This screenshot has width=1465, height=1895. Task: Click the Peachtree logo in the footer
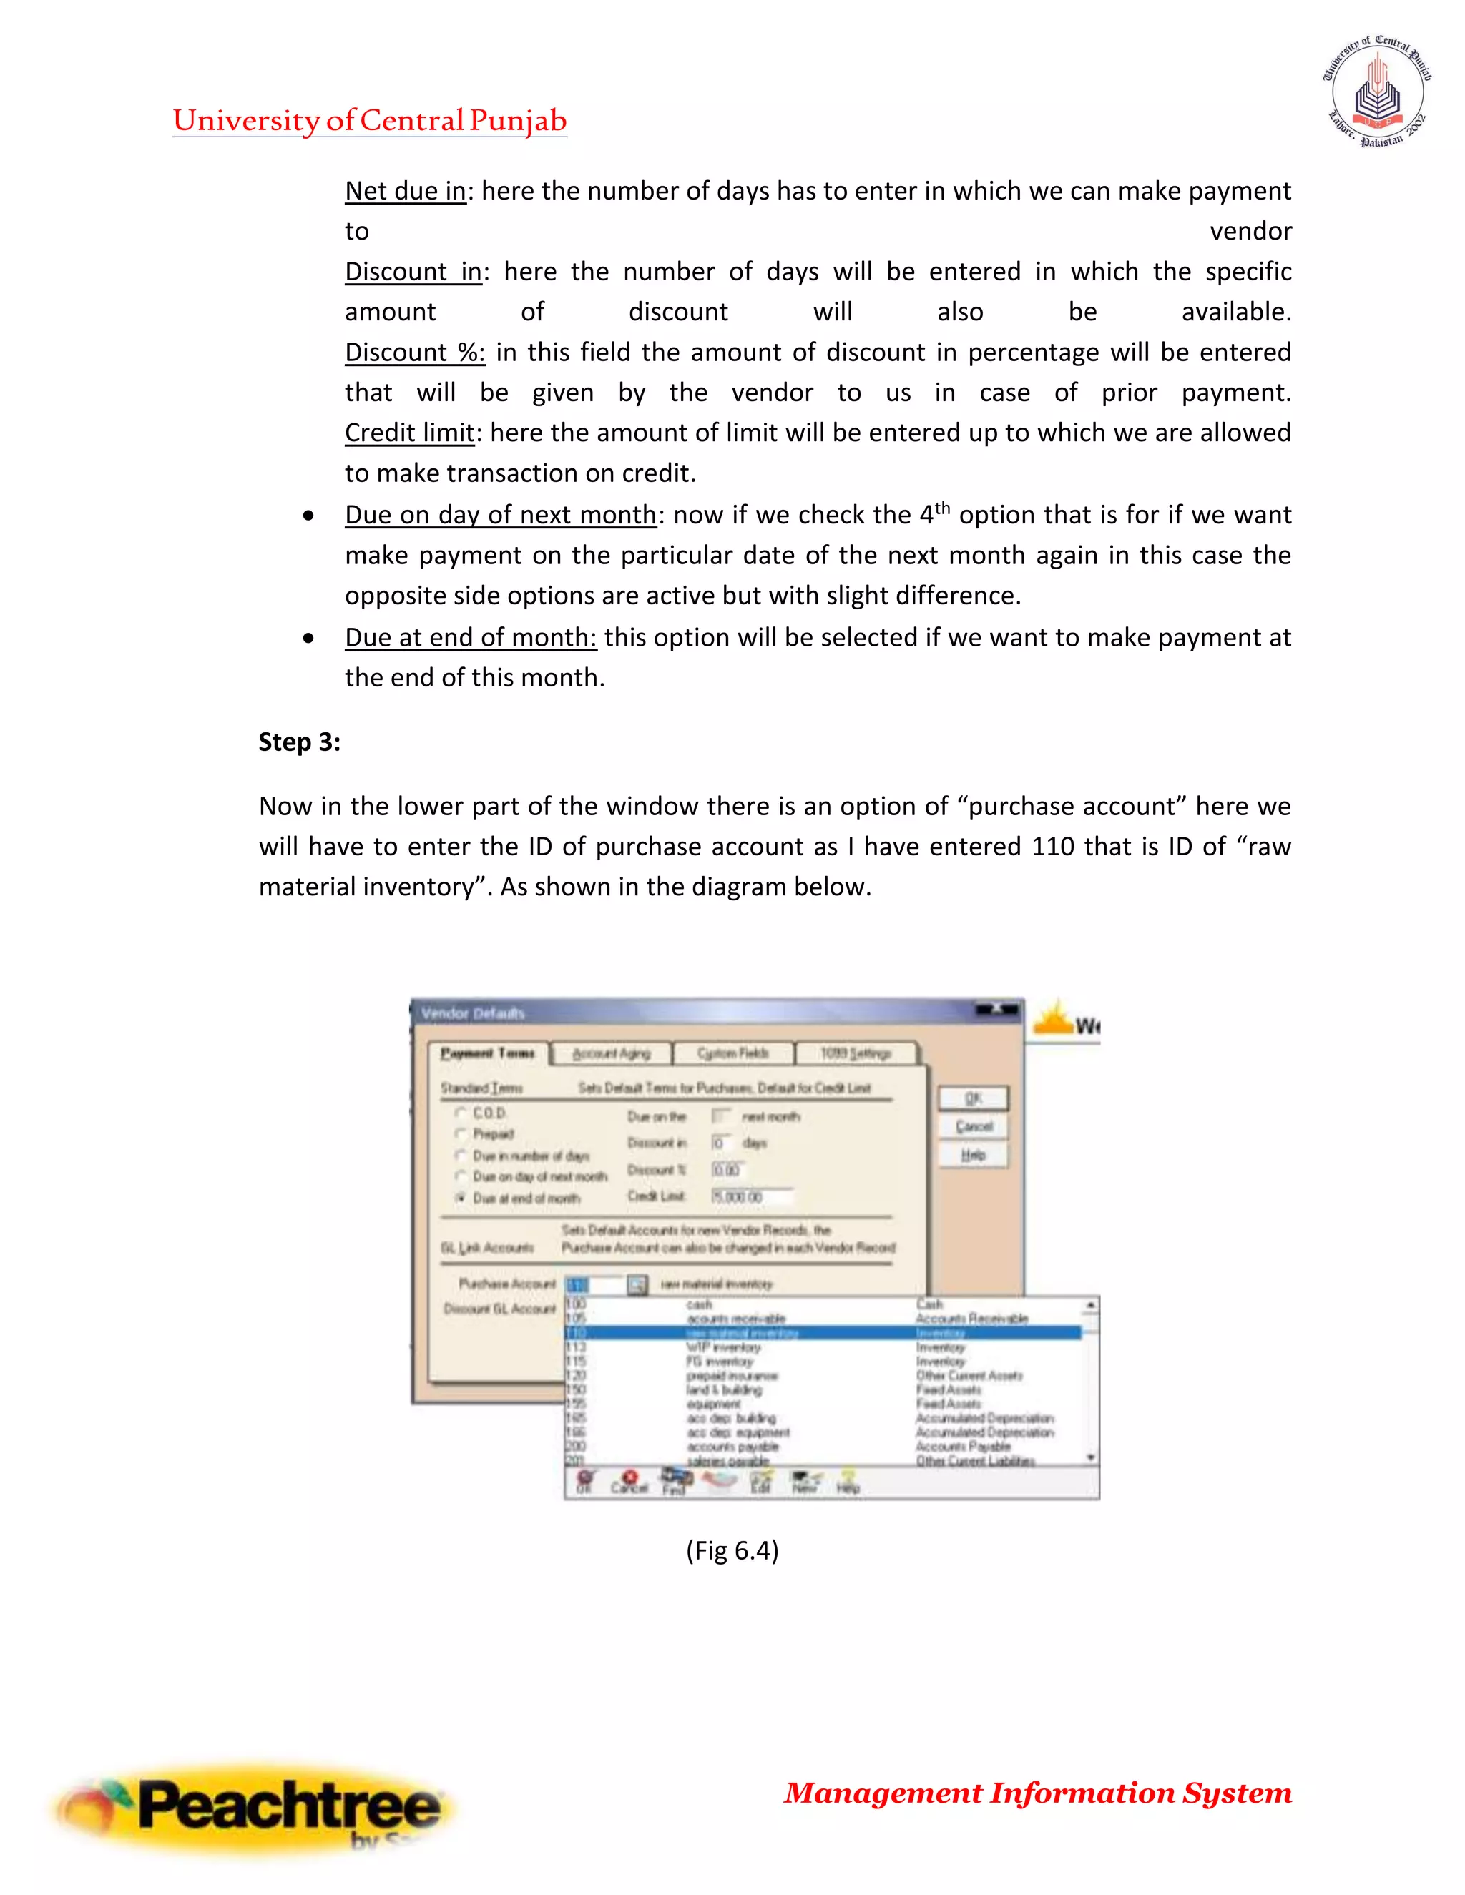click(x=252, y=1806)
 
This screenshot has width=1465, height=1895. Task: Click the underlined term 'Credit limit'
click(x=408, y=432)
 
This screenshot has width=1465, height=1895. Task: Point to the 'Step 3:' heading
click(x=300, y=742)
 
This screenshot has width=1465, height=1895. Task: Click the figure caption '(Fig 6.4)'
click(x=732, y=1550)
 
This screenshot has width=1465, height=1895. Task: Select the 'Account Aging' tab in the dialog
click(x=611, y=1053)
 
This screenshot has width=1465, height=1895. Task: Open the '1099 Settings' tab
click(x=855, y=1053)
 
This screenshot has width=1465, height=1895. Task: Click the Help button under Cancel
click(x=973, y=1155)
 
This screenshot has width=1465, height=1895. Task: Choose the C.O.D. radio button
click(x=461, y=1113)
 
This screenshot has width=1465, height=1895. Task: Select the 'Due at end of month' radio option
click(x=461, y=1197)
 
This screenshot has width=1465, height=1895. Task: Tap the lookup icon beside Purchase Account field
click(x=637, y=1285)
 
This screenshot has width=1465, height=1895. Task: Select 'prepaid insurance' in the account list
click(x=732, y=1376)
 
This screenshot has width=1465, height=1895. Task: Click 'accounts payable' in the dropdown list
click(x=732, y=1447)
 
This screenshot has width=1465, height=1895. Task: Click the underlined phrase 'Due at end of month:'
click(x=471, y=637)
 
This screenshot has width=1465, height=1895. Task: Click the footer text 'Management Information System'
click(x=1037, y=1793)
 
